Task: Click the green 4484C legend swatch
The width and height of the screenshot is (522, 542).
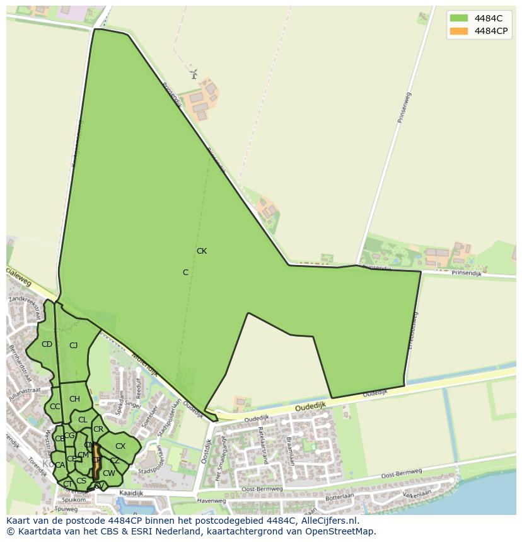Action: pos(458,18)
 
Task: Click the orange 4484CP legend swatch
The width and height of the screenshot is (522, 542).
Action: pos(458,31)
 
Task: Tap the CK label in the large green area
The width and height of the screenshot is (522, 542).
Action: pos(202,251)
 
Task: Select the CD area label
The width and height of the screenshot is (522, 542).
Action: pos(47,344)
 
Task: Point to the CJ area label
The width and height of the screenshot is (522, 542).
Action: pos(73,345)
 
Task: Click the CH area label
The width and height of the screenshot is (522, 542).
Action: pos(74,399)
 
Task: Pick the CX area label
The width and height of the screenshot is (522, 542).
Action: pos(120,446)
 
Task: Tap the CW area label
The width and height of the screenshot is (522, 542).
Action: pos(109,473)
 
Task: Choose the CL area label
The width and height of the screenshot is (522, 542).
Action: pos(83,420)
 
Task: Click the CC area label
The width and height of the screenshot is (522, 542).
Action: pos(55,407)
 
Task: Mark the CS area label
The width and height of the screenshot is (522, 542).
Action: pos(81,481)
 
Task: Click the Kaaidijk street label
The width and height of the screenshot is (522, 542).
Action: pos(130,494)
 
